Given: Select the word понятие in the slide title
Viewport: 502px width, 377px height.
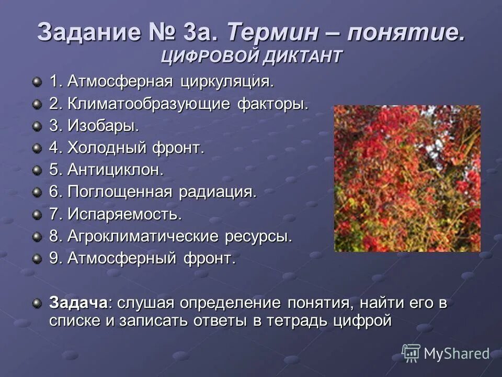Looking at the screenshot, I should (x=405, y=34).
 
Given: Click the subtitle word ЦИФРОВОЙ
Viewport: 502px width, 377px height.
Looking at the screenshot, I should (x=208, y=56).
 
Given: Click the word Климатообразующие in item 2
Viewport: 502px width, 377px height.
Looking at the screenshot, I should (x=146, y=104).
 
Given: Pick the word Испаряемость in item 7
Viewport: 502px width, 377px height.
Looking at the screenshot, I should (x=124, y=214).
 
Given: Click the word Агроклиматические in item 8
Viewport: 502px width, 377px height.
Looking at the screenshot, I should (x=144, y=236).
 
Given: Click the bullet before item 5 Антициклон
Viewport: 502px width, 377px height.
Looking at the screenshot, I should (x=37, y=170).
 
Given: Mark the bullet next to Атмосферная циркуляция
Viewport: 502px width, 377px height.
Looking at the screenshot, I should (x=37, y=82).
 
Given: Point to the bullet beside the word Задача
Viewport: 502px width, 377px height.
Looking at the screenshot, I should (x=37, y=303).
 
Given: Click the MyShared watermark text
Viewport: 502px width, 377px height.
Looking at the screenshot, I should (x=457, y=354).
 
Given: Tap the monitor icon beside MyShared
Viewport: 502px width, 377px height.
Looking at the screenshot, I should (x=411, y=353).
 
